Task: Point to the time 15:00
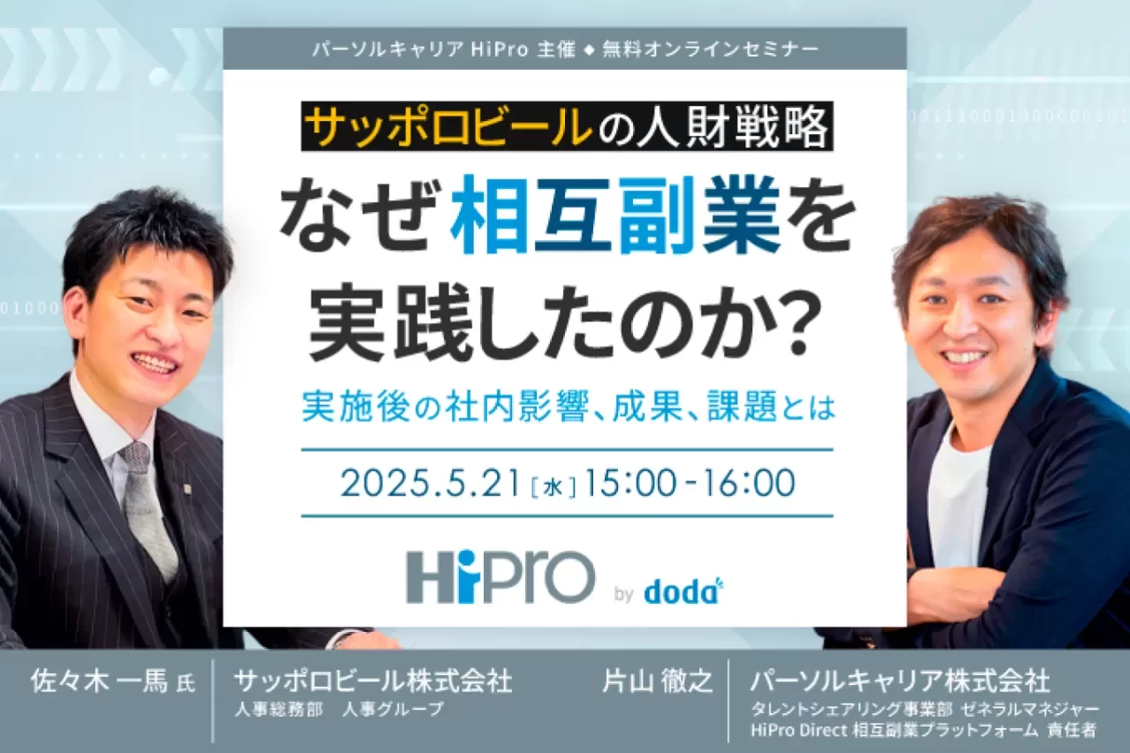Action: point(629,483)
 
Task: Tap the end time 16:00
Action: point(749,483)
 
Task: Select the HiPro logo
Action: point(501,577)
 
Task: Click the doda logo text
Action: point(683,592)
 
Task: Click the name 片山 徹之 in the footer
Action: point(658,681)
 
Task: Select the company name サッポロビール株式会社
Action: point(373,681)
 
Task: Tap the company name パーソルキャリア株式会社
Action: point(900,681)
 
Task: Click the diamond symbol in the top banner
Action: point(589,50)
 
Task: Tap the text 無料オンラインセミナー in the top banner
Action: point(710,49)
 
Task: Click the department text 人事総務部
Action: point(279,710)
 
